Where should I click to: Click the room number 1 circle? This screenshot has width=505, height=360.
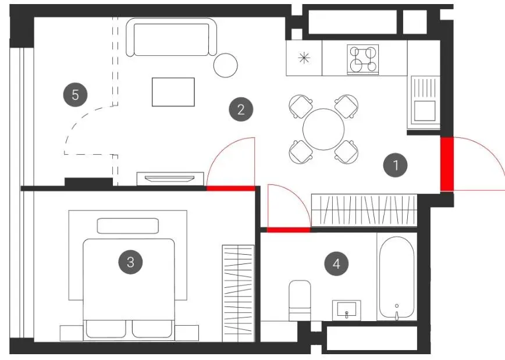coord(395,165)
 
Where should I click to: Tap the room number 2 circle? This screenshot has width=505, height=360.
coord(241,109)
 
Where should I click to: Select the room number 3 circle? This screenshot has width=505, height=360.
coord(130,262)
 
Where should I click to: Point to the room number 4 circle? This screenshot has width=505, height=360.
coord(336,264)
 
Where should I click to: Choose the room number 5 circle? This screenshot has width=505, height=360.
coord(76,95)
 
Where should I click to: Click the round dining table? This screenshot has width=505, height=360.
coord(323,129)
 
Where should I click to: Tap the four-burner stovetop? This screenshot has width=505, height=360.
coord(363,59)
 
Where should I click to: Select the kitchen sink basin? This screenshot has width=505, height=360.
coord(425,111)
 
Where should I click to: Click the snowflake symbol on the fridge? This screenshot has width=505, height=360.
coord(304,58)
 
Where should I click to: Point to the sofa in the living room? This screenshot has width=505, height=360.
coord(171,37)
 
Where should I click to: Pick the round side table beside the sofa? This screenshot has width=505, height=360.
coord(226,65)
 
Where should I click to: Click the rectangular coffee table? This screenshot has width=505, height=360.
coord(173,92)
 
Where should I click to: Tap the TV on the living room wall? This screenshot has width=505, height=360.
coord(170,179)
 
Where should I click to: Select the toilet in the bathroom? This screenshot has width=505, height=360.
coord(300,301)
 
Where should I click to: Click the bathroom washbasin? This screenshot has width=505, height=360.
coord(347,310)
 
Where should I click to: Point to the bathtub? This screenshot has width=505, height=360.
coord(397,278)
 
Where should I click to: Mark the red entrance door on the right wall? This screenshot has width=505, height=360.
coord(447,164)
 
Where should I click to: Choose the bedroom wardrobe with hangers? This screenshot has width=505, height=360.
coord(238,293)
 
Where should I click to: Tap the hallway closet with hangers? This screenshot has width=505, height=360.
coord(364,210)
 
